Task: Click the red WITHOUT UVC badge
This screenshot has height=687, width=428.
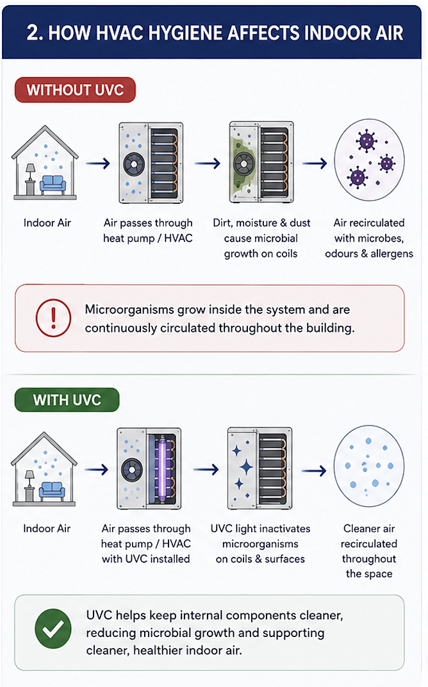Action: [75, 90]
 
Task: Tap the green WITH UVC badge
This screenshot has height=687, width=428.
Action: [67, 400]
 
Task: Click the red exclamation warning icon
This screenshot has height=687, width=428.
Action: [53, 317]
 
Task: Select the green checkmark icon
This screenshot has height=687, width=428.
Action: [53, 628]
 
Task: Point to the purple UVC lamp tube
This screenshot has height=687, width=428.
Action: [161, 468]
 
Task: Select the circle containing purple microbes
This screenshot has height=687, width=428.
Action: [369, 160]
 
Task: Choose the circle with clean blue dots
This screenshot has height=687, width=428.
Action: [369, 466]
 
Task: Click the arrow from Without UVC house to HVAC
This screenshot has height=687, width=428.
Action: [97, 164]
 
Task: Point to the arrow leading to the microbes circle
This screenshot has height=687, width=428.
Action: [315, 164]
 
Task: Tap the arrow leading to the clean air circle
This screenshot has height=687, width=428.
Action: [314, 470]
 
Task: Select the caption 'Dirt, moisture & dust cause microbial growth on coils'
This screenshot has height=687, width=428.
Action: [261, 238]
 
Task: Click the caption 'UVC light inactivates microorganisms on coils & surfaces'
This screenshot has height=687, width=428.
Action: [260, 543]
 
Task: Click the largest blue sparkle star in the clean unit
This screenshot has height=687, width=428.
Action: [246, 467]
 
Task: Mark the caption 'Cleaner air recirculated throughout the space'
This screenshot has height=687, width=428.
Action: [369, 551]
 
